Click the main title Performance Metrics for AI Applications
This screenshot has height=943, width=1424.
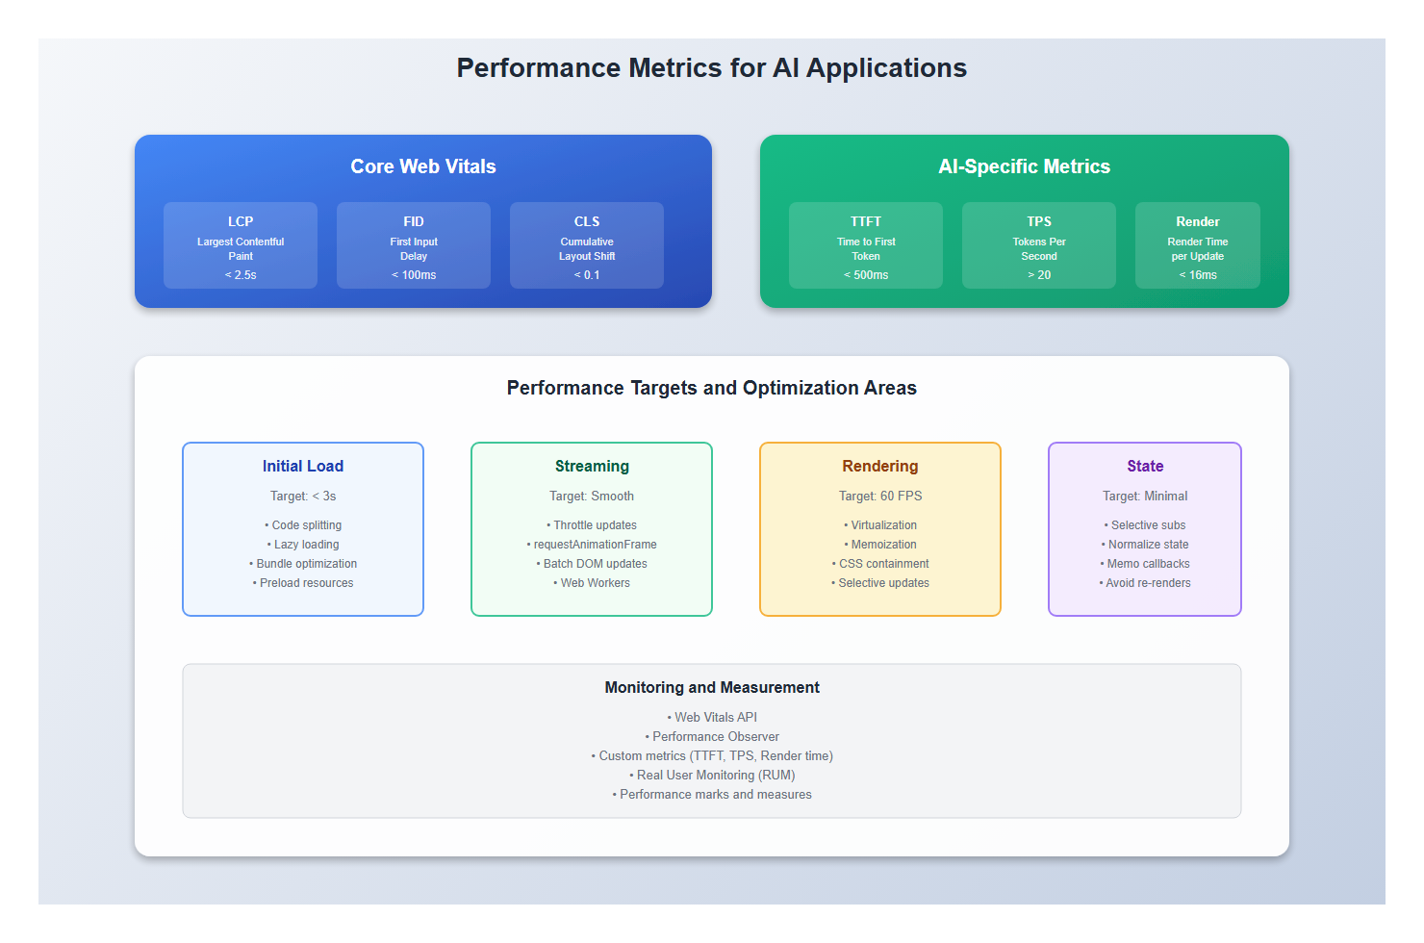click(x=711, y=68)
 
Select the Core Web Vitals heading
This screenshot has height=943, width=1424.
click(x=423, y=166)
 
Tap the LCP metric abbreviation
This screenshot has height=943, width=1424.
click(x=241, y=221)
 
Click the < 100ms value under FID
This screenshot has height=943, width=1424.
click(x=414, y=275)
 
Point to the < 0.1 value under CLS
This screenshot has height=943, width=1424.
click(x=587, y=275)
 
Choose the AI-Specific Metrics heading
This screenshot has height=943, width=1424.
click(x=1024, y=166)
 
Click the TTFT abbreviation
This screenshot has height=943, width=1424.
click(x=866, y=221)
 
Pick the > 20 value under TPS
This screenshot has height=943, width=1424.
click(x=1039, y=275)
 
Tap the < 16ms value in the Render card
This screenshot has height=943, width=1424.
click(x=1198, y=275)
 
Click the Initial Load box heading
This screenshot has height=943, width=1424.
click(x=303, y=466)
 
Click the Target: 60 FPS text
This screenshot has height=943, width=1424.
click(x=880, y=497)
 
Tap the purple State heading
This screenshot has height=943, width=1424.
click(x=1145, y=466)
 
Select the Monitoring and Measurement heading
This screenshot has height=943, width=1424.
click(x=712, y=687)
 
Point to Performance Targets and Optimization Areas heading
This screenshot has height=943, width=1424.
click(x=712, y=388)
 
